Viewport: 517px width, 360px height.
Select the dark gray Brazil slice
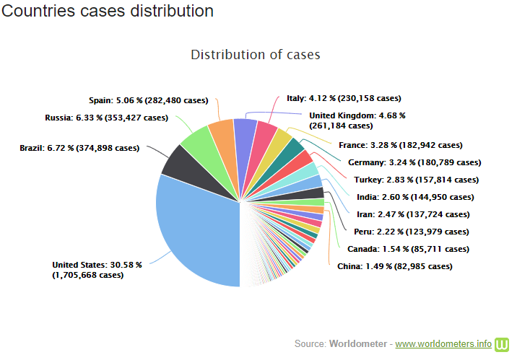(x=178, y=162)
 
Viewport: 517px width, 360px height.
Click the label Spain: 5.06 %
(x=148, y=100)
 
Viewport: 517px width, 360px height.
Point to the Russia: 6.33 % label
(x=106, y=117)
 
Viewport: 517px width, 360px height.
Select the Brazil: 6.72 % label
(x=79, y=148)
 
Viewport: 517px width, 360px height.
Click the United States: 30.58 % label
(x=97, y=270)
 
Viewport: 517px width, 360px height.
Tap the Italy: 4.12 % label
(x=344, y=98)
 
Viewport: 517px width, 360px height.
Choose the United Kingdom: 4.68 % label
(x=357, y=120)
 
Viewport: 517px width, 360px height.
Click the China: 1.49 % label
(x=394, y=266)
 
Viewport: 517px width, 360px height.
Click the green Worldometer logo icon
(x=503, y=343)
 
